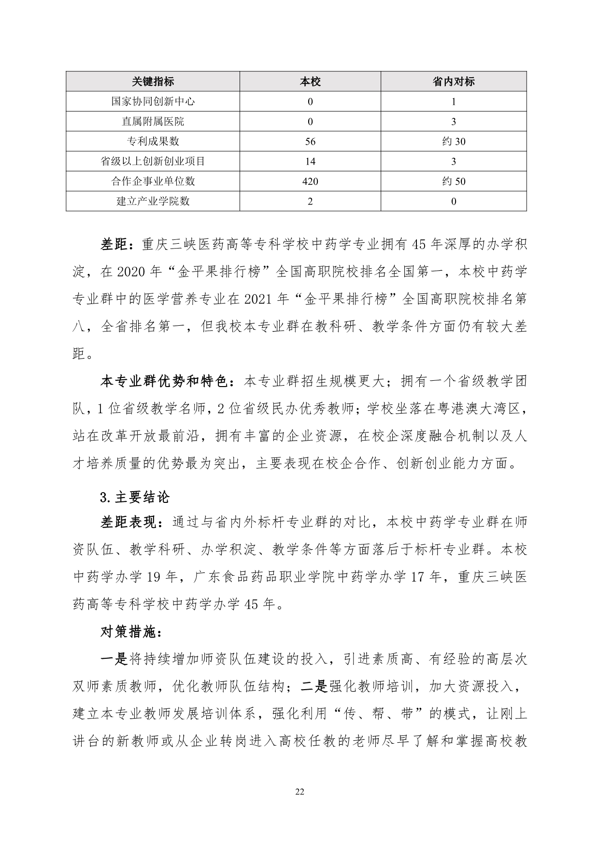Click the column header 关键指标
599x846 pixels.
click(x=153, y=82)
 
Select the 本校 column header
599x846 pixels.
click(x=310, y=82)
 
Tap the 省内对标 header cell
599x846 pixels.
click(x=453, y=82)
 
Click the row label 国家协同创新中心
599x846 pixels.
click(x=153, y=101)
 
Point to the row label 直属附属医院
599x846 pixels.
click(x=153, y=122)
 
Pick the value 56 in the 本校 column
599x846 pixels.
click(x=310, y=141)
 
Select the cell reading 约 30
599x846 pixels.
click(x=453, y=141)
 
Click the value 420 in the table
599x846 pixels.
click(x=310, y=181)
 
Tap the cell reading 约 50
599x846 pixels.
click(x=453, y=181)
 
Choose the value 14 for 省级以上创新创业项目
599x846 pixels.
click(x=310, y=162)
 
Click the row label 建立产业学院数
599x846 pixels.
click(x=153, y=201)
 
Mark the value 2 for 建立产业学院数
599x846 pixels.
click(x=310, y=201)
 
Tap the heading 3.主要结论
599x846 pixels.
click(x=135, y=497)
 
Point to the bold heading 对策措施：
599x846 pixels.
click(x=128, y=631)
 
